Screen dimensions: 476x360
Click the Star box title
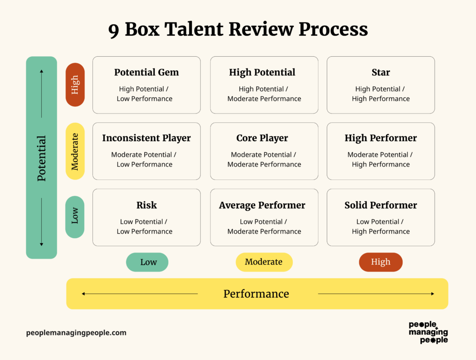coord(381,73)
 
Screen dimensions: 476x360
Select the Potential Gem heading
coord(146,73)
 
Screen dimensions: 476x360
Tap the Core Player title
coord(262,138)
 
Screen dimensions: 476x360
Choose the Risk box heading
coord(146,205)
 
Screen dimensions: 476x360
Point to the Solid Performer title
coord(381,205)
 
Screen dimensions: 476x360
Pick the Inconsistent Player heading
coord(146,138)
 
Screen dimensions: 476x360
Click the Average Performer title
coord(262,205)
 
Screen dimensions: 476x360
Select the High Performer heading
coord(381,138)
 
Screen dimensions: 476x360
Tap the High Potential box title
coord(262,73)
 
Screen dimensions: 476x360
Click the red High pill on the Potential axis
coord(75,85)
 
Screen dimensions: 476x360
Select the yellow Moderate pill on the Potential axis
coord(75,151)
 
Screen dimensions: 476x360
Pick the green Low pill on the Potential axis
coord(75,217)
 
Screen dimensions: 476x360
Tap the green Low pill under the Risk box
coord(147,262)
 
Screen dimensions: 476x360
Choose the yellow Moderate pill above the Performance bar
coord(264,262)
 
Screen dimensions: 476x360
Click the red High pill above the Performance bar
coord(381,262)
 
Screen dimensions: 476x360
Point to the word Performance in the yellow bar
coord(256,294)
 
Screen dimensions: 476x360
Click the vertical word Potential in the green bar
coord(42,158)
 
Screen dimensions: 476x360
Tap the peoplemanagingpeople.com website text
coord(76,333)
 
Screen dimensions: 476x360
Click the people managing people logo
coord(428,332)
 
